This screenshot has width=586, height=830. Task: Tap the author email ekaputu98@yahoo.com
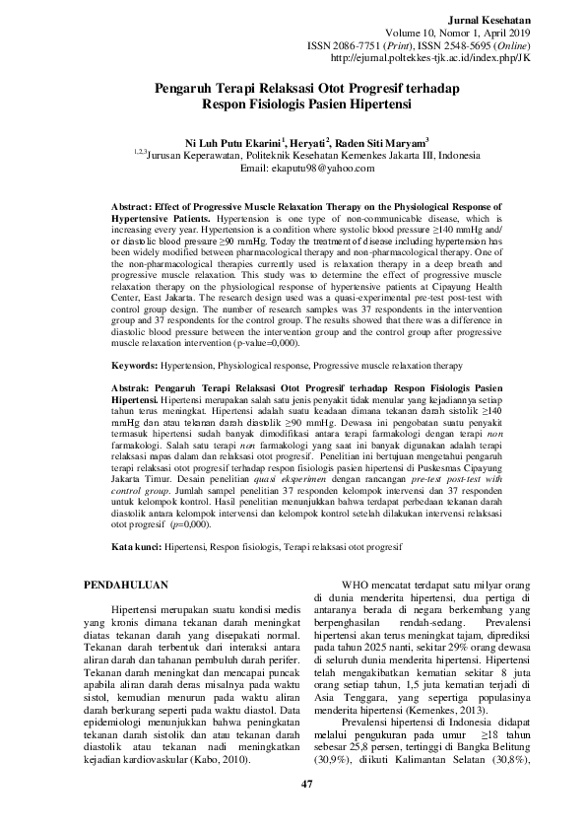point(293,168)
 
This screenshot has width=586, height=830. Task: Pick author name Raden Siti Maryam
point(382,142)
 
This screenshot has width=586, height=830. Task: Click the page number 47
point(293,782)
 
